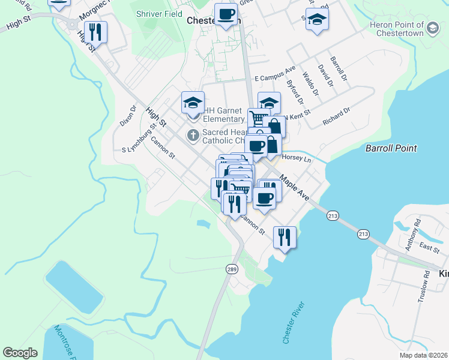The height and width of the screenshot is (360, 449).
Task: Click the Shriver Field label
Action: [158, 13]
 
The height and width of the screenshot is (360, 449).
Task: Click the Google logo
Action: [20, 352]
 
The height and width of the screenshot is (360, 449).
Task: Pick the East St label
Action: [430, 247]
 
